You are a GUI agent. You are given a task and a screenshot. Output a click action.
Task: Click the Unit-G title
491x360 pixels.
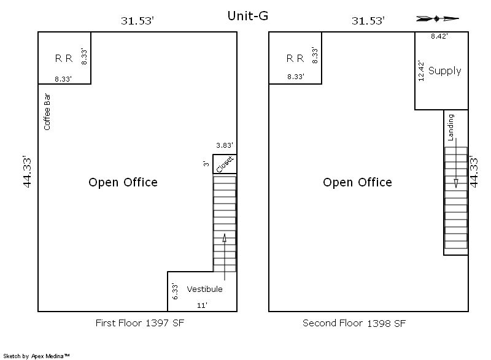248,15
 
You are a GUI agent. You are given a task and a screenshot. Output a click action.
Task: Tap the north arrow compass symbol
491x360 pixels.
438,19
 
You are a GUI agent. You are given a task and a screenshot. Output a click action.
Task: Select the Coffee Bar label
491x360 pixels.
47,112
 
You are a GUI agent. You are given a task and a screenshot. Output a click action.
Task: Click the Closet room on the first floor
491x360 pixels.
225,164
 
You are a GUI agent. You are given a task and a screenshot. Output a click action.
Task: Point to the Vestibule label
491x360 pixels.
204,289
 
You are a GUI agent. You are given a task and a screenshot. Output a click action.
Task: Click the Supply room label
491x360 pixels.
444,71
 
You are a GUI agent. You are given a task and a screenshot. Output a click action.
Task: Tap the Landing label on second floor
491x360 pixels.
450,128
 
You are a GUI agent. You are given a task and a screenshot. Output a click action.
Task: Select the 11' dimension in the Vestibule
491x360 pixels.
202,305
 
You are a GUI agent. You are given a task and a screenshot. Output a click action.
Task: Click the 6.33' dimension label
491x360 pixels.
175,291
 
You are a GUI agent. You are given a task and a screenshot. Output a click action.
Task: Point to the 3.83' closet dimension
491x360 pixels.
225,145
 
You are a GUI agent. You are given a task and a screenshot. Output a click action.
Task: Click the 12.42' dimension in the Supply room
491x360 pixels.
421,71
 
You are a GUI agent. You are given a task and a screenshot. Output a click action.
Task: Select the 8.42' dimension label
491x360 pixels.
439,36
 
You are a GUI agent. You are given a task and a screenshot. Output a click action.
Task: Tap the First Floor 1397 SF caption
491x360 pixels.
140,323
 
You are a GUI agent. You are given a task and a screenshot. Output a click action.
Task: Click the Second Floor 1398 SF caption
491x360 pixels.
354,323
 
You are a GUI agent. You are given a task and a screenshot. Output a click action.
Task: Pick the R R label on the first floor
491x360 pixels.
64,58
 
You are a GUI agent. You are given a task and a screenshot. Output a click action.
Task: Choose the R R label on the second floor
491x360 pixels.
295,58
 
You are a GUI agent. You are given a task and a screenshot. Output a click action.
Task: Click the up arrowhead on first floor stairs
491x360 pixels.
225,238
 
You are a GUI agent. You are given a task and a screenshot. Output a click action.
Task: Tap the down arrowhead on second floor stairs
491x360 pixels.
456,183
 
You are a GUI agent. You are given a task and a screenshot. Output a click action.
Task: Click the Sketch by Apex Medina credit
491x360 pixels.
36,356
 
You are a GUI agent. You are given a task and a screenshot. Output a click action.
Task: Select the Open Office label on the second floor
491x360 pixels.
357,182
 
